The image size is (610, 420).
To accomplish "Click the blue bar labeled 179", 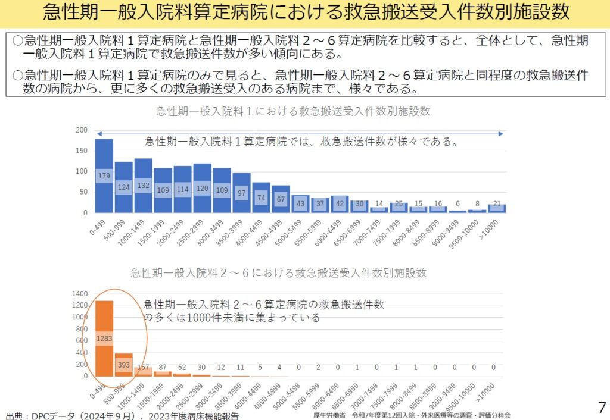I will click(104, 175).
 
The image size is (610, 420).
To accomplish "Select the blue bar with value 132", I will click(143, 186).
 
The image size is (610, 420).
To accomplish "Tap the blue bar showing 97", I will click(241, 193).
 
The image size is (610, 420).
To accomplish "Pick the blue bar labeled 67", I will click(281, 199).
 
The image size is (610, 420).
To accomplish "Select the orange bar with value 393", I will click(124, 365).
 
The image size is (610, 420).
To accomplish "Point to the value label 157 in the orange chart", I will click(143, 367).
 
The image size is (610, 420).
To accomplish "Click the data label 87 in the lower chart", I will click(163, 367).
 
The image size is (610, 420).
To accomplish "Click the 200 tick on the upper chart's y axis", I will click(82, 130).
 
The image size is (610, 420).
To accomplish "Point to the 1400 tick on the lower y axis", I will click(79, 294).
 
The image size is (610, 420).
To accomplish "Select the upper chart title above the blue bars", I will click(292, 111).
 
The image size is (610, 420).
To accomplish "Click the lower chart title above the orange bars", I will click(279, 273).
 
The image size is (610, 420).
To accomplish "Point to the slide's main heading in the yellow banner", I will click(305, 12).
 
